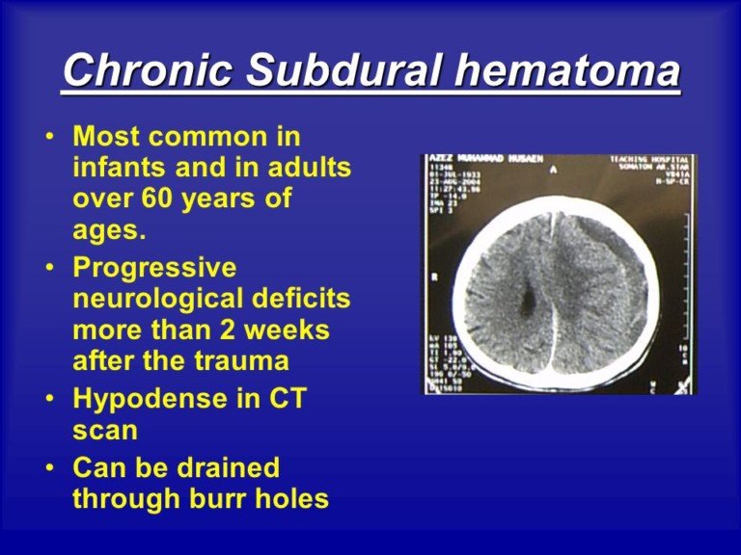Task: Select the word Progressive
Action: click(x=154, y=266)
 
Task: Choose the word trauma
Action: click(x=243, y=361)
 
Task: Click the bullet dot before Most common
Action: click(x=48, y=137)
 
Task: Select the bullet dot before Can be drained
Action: click(x=48, y=469)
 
